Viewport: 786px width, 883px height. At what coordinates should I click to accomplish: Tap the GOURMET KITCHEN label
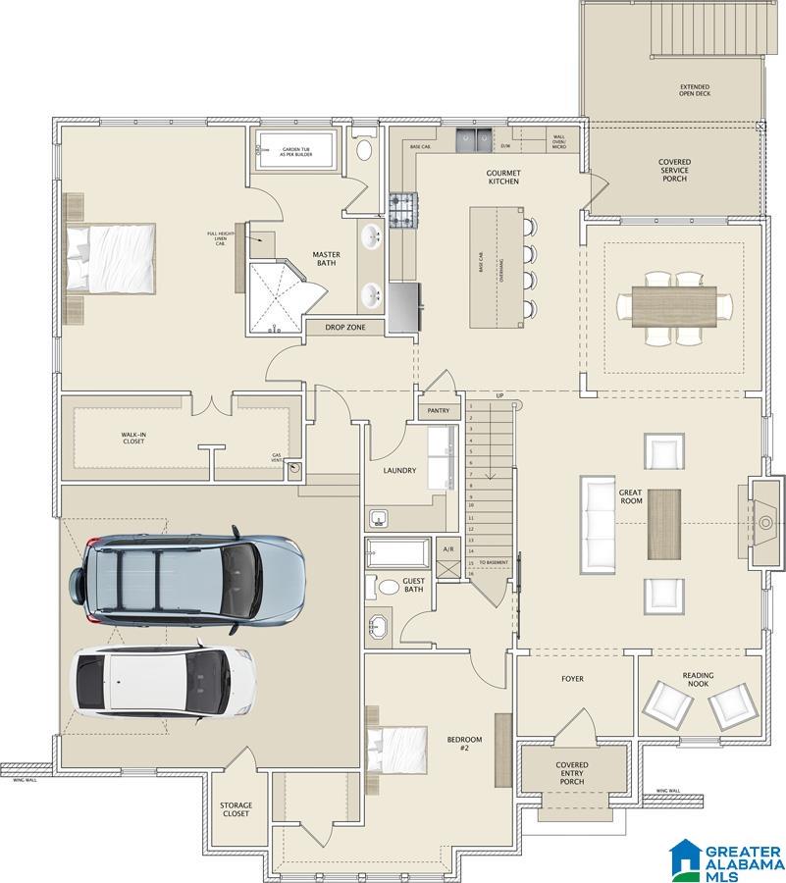click(x=503, y=177)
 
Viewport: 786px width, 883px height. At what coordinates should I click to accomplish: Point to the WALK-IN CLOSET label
click(x=133, y=438)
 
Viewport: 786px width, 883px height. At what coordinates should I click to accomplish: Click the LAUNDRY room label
click(x=399, y=470)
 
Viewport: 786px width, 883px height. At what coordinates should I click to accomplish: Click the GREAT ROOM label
click(x=630, y=496)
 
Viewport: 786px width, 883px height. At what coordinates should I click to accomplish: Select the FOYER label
click(x=572, y=678)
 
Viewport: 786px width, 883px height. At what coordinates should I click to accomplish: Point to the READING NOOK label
click(x=699, y=680)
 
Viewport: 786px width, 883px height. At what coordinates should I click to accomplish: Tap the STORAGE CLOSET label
click(x=236, y=809)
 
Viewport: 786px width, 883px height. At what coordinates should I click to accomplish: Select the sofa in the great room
click(x=598, y=523)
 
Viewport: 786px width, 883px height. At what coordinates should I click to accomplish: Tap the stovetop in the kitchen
click(x=402, y=208)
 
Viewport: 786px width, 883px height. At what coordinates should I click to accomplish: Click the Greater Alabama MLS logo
click(x=726, y=858)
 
